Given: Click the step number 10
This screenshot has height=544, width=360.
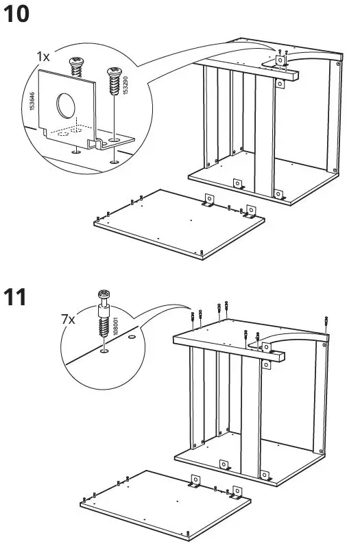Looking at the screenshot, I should (17, 14).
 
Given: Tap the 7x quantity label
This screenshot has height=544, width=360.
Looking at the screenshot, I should (67, 320).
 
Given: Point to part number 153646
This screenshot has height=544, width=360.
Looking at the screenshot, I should (32, 103).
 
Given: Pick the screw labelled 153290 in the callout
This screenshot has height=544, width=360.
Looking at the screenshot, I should (112, 86).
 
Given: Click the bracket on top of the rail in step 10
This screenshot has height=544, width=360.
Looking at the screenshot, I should (281, 61).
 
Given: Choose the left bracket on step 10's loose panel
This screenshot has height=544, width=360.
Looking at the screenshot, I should (208, 200).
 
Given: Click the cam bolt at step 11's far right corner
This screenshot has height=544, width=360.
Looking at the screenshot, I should (328, 321).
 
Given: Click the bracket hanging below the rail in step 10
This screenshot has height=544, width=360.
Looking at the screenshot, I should (280, 84).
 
